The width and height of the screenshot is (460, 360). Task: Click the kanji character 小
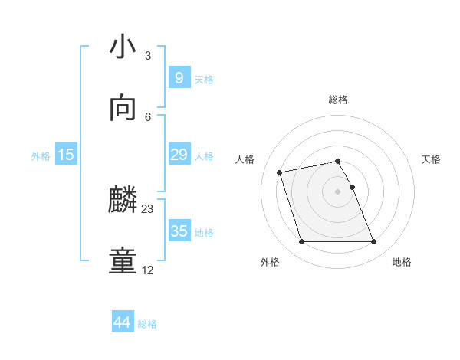(123, 47)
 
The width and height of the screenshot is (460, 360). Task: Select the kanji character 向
(123, 109)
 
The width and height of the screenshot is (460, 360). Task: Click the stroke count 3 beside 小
(148, 55)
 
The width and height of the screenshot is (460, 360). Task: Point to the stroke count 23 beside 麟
(148, 208)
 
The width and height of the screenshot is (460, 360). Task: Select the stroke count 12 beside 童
(148, 270)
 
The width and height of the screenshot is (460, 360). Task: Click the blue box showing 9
(179, 77)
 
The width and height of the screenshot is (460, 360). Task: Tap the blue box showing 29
(179, 155)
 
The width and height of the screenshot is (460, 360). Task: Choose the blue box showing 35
(179, 231)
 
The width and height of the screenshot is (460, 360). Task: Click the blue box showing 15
(66, 155)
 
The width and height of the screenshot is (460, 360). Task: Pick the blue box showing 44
(122, 322)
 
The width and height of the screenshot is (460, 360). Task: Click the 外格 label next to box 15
(41, 156)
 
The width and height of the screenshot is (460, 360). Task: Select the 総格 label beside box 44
(147, 324)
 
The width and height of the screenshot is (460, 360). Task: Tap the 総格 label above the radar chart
(338, 100)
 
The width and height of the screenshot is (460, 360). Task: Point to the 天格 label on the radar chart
(432, 159)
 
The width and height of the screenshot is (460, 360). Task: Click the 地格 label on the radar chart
(402, 262)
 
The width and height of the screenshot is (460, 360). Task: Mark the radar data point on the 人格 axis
(280, 172)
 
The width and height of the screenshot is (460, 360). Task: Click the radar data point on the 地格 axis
(373, 242)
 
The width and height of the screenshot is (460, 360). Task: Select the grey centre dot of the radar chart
(338, 191)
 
